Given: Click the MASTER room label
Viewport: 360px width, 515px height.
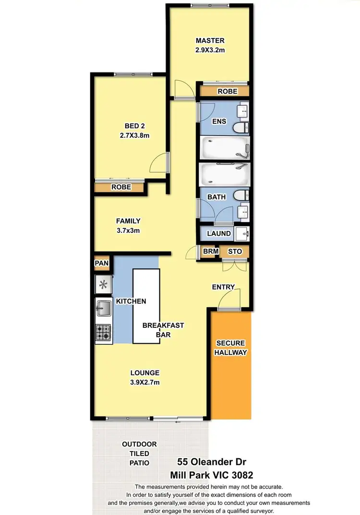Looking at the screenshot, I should point(210,40).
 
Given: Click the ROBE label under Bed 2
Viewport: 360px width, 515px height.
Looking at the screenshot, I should point(121,187).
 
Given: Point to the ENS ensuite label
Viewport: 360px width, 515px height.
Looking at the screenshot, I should point(219,121).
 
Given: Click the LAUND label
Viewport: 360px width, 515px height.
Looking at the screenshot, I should point(219,233).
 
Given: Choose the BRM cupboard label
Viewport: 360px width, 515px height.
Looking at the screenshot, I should point(211,251).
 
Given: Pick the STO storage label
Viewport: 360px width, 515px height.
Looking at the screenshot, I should point(234,251).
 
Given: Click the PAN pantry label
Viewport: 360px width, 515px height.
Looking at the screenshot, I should point(102,263).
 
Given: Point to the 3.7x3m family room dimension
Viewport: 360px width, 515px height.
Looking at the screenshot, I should point(128,230).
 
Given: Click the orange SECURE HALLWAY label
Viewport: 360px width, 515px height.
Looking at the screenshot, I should point(231,348).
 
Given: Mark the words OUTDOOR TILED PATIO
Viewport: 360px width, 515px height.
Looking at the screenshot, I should point(139,454).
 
